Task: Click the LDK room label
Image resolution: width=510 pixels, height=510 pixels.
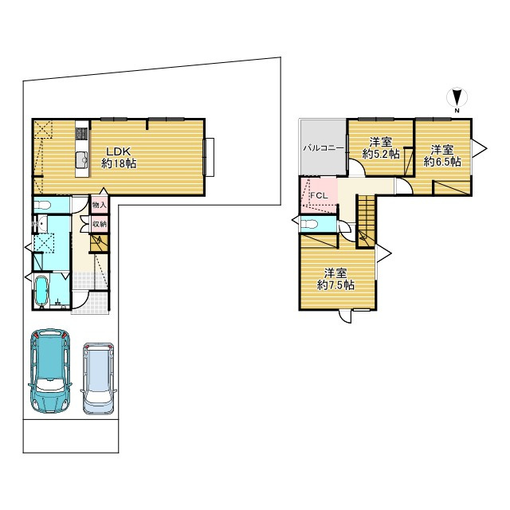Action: [119, 151]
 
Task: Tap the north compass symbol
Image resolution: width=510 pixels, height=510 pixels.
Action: [457, 97]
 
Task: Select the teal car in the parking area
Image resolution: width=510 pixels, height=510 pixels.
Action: [50, 371]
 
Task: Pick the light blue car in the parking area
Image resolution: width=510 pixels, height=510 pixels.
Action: [99, 379]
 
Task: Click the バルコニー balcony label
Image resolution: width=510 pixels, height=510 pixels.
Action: [324, 148]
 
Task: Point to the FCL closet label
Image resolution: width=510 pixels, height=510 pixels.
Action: [319, 196]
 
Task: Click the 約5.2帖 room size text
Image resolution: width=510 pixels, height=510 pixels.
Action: [381, 154]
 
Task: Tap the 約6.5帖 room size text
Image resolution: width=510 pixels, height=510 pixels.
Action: [442, 161]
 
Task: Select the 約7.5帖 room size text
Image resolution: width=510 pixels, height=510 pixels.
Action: [335, 285]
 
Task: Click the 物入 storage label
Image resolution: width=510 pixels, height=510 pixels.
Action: [99, 206]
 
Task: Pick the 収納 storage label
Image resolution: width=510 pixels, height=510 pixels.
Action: [99, 224]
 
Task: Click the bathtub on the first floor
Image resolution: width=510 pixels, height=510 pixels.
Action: [41, 292]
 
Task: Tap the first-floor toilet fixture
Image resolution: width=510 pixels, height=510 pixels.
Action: [42, 205]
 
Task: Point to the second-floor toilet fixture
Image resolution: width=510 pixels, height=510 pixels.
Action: [309, 225]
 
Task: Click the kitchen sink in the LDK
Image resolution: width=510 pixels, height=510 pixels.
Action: [82, 159]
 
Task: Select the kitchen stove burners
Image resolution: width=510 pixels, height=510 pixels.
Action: [81, 134]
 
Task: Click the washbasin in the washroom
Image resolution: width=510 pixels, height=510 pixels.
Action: [41, 224]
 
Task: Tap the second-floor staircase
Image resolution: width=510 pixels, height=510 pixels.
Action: [367, 222]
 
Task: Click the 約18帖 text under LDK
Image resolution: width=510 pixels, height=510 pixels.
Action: [119, 163]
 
